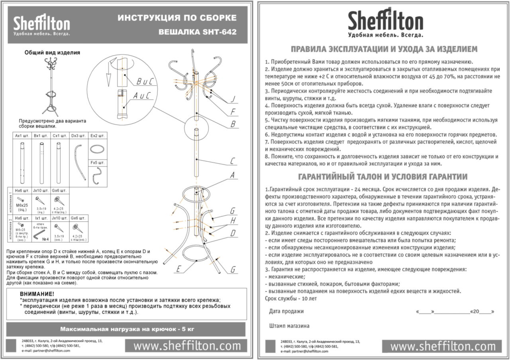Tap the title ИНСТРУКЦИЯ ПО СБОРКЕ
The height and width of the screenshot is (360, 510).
[x=177, y=18]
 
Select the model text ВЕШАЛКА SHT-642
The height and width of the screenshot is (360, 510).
[x=197, y=32]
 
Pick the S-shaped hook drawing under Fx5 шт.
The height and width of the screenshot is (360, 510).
[x=97, y=175]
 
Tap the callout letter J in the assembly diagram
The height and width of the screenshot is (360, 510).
[x=233, y=99]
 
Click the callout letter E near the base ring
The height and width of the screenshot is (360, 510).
[x=179, y=270]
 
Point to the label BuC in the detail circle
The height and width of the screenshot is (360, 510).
[x=145, y=81]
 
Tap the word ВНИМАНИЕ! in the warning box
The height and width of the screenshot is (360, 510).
[x=37, y=294]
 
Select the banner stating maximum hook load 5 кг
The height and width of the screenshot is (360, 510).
[x=127, y=329]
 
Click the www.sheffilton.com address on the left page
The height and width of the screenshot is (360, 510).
[x=187, y=346]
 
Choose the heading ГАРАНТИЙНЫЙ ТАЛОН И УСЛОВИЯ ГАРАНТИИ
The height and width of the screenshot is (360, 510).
[x=383, y=177]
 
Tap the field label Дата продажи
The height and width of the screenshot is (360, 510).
[x=286, y=311]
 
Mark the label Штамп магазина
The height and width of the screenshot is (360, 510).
[x=289, y=326]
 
